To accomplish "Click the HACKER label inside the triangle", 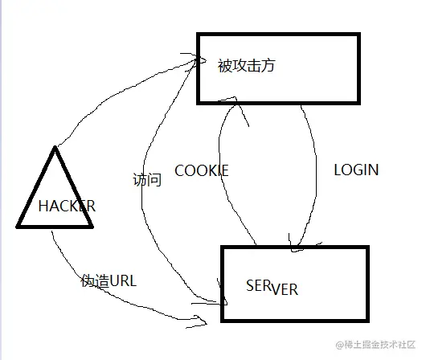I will (67, 206).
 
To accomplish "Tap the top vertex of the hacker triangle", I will (55, 147).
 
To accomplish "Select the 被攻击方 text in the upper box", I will (246, 66).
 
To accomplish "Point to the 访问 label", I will (147, 179).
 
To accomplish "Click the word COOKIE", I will (202, 170).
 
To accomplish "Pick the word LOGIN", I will (356, 170).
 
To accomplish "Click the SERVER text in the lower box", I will (272, 288).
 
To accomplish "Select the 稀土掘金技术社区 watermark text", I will (375, 346).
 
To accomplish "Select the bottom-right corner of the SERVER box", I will (367, 322).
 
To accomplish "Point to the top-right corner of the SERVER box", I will (367, 247).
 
